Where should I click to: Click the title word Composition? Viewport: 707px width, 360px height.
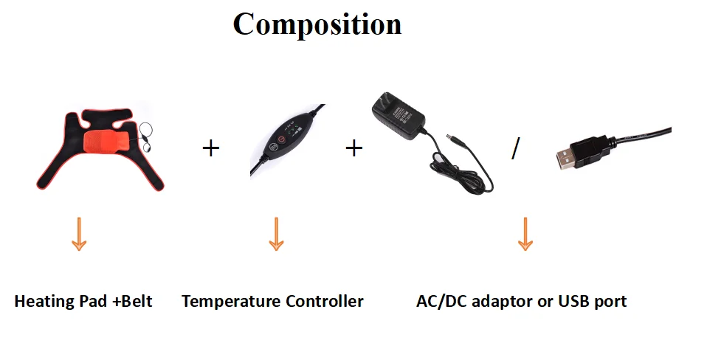coord(317,24)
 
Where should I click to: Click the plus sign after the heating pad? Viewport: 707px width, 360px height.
coord(210,148)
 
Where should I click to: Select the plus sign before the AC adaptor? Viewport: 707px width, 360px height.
coord(354,148)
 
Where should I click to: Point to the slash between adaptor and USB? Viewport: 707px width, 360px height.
coord(515,148)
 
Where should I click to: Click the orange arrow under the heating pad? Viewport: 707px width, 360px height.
coord(79,234)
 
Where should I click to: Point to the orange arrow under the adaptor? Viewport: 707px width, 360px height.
coord(525,234)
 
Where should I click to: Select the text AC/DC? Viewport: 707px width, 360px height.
coord(441,301)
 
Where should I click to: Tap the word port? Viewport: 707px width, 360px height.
coord(612,302)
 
